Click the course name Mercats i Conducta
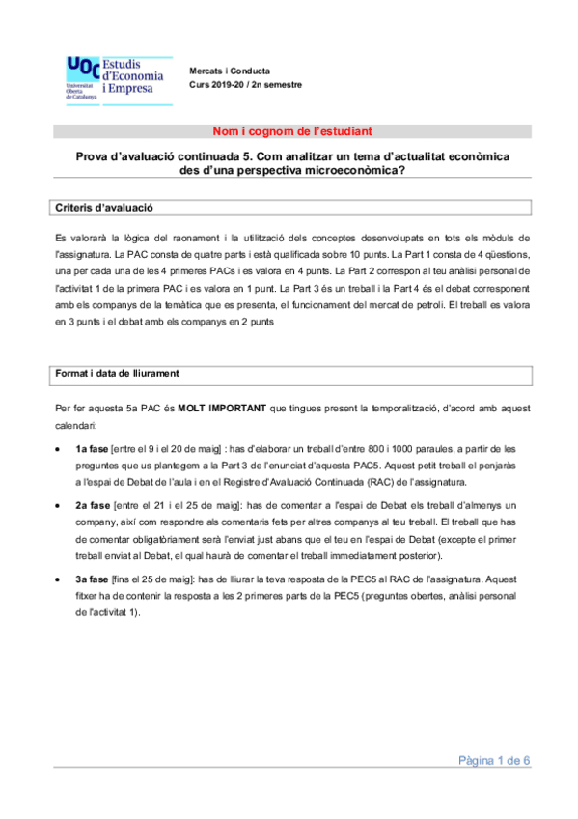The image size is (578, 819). coord(230,71)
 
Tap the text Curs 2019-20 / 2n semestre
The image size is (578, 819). coord(245,84)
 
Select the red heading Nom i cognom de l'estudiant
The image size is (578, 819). coord(290,131)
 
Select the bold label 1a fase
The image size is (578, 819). coord(92,449)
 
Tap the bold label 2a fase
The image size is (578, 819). coord(93,505)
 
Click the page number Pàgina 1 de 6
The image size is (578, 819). coord(494,761)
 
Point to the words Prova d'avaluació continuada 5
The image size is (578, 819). coord(159,155)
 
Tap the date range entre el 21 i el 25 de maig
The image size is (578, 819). coord(178,505)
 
